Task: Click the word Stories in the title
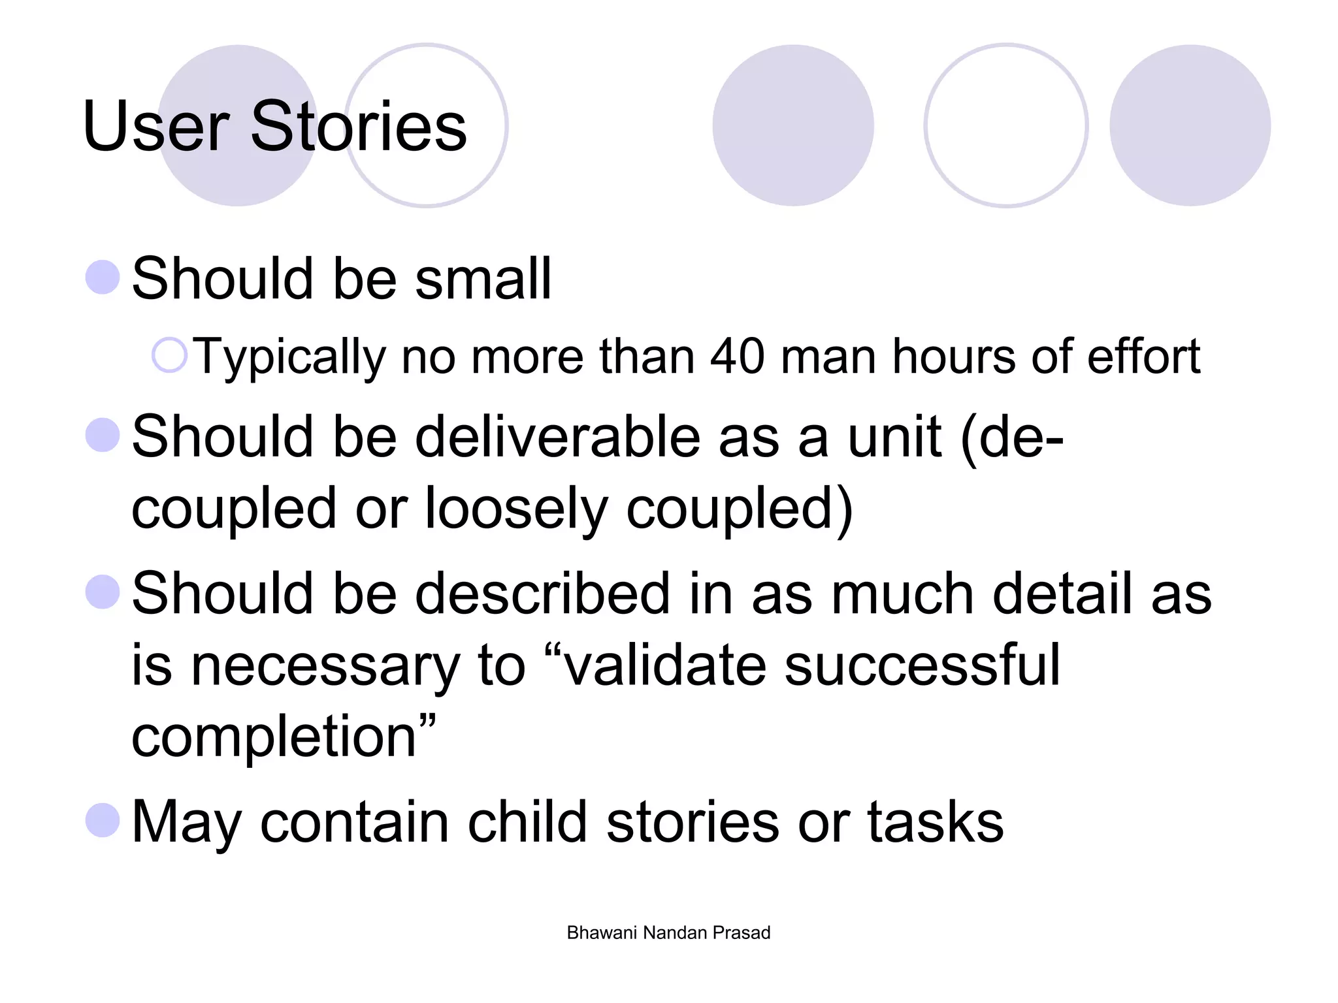pyautogui.click(x=358, y=126)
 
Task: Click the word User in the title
pyautogui.click(x=156, y=126)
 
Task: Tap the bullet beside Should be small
pyautogui.click(x=103, y=277)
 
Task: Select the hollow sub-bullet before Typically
pyautogui.click(x=169, y=356)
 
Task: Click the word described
pyautogui.click(x=542, y=593)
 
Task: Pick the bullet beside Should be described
pyautogui.click(x=103, y=592)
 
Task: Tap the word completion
pyautogui.click(x=274, y=737)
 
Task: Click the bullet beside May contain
pyautogui.click(x=103, y=820)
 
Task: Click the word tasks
pyautogui.click(x=935, y=821)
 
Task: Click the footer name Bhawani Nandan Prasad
pyautogui.click(x=668, y=932)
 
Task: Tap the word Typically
pyautogui.click(x=290, y=357)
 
